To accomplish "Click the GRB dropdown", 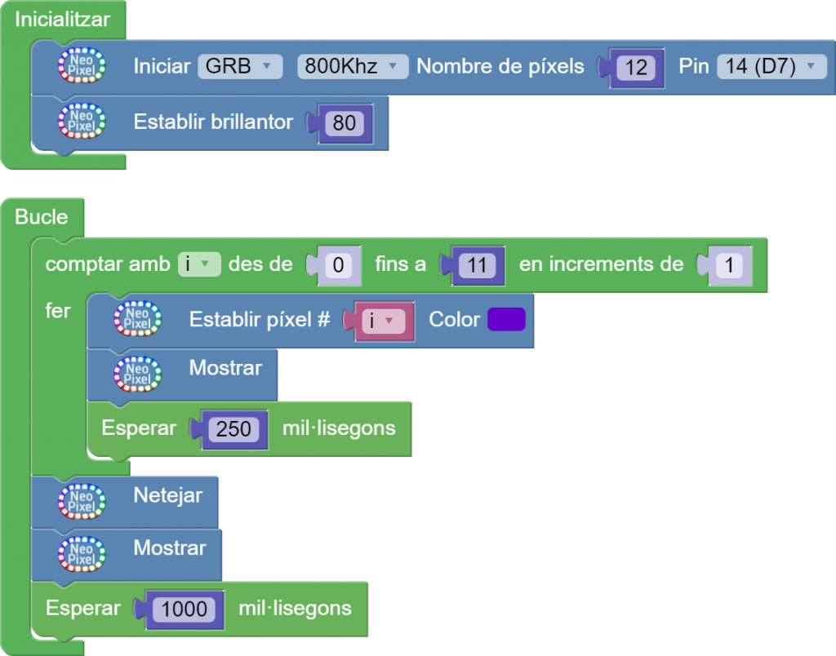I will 239,66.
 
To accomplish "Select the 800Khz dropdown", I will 352,66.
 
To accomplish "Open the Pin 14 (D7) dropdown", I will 771,66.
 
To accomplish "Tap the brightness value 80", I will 345,123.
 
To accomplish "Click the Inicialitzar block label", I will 62,18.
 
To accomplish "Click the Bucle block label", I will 42,217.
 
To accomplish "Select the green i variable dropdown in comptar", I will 199,264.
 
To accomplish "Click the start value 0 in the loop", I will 337,265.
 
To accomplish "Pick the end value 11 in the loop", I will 478,265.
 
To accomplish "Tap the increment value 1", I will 728,265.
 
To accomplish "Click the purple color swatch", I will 506,319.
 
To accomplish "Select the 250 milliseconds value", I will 233,428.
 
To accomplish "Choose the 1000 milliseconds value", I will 184,609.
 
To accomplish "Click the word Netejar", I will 167,494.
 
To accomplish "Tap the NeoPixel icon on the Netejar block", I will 82,501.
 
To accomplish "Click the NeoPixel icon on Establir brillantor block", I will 82,122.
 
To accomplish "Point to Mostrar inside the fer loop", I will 225,368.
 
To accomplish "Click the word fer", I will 58,312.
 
